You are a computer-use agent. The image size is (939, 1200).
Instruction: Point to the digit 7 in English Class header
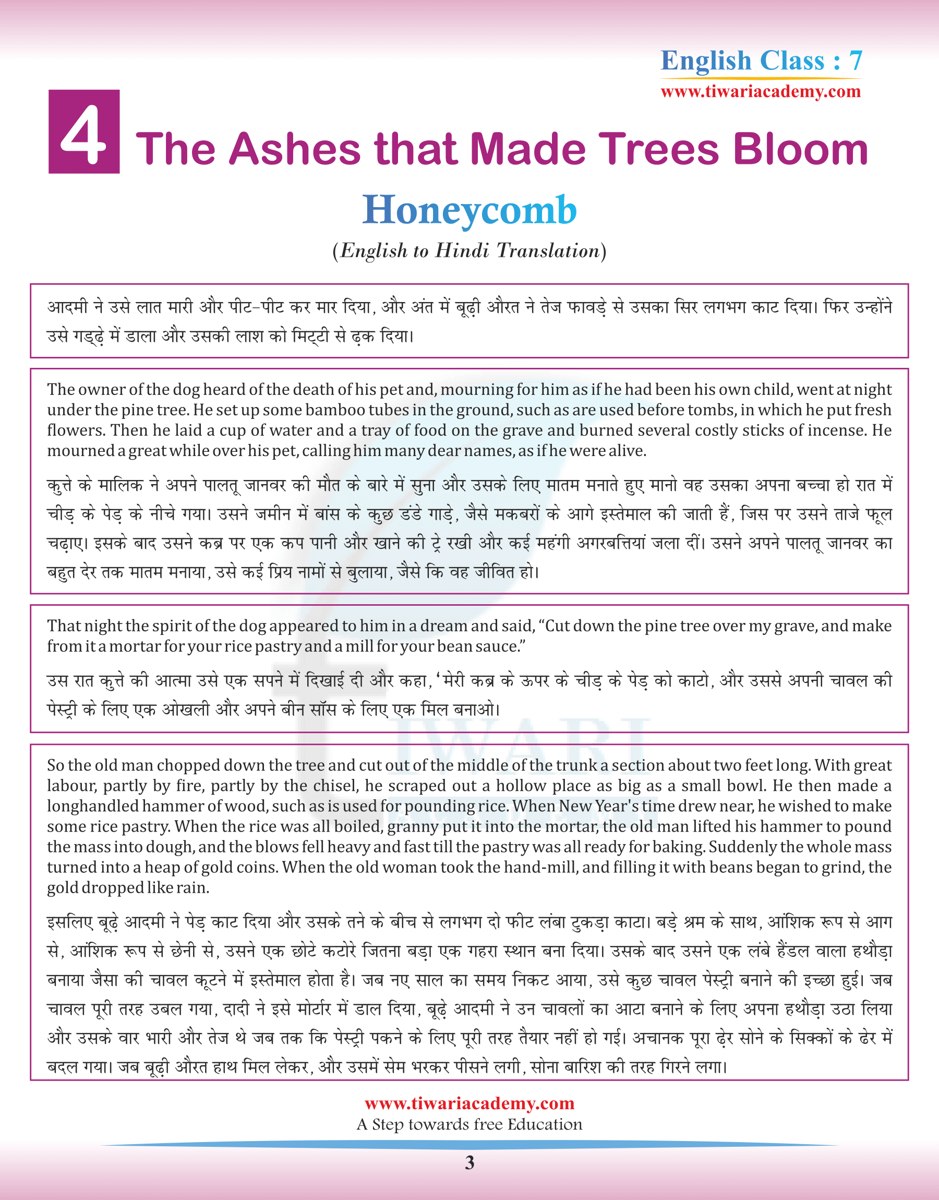tap(855, 61)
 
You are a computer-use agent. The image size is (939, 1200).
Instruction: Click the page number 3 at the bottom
tap(469, 1162)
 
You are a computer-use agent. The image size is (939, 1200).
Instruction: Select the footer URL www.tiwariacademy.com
tap(469, 1103)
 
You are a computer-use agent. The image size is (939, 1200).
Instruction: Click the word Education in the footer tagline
tap(544, 1125)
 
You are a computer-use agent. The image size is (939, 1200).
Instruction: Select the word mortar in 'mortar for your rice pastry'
tap(131, 646)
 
